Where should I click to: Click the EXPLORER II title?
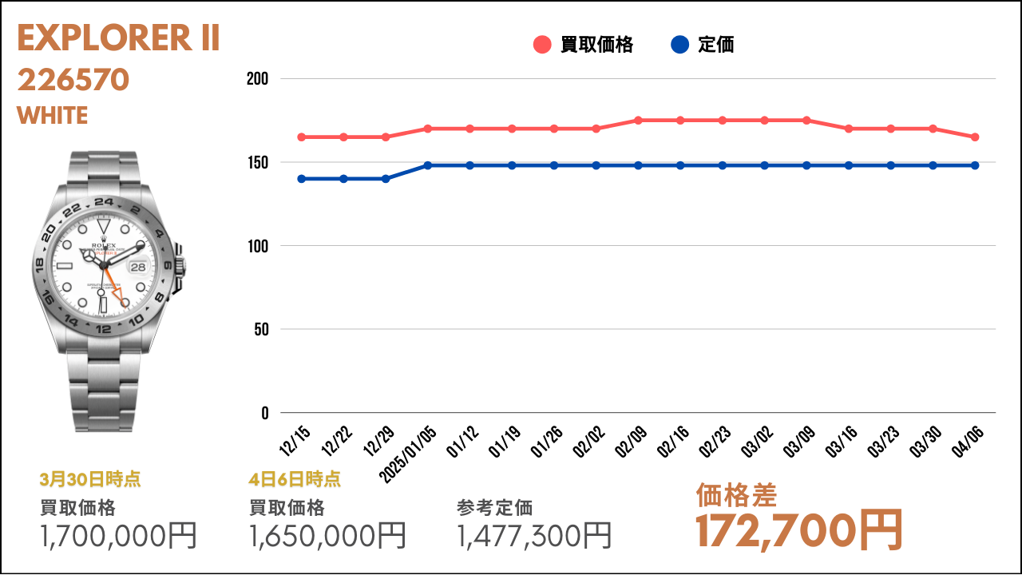(x=118, y=38)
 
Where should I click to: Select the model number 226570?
(x=73, y=80)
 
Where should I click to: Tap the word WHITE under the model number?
(x=52, y=116)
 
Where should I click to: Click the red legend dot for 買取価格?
(x=542, y=45)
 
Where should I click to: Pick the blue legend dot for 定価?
(x=679, y=45)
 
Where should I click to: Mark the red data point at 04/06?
(x=975, y=137)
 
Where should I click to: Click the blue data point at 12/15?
(x=301, y=179)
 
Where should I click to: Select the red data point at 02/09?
(x=638, y=121)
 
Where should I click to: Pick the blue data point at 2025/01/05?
(x=428, y=165)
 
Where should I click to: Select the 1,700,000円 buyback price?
(x=118, y=535)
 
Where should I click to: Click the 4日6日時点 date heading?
(x=295, y=479)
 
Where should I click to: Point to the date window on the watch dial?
(x=138, y=268)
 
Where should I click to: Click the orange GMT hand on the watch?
(x=117, y=288)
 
